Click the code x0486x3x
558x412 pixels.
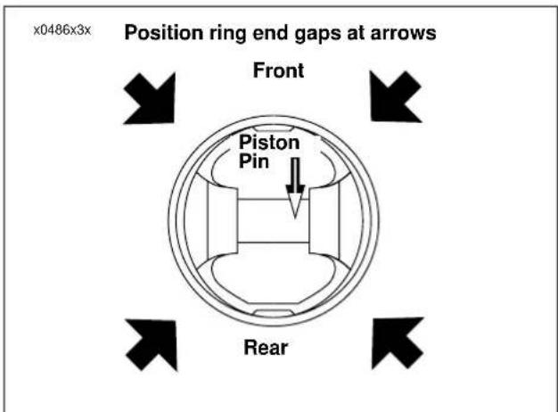[62, 30]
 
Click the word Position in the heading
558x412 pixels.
[164, 33]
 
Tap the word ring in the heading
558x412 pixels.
[227, 34]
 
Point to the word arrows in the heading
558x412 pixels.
[403, 34]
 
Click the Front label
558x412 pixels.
[278, 70]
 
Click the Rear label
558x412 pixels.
[266, 347]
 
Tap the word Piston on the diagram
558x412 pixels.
[269, 143]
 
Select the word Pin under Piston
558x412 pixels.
[254, 161]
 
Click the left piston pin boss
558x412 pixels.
[223, 222]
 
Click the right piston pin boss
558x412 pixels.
[324, 221]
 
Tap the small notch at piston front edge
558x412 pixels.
[273, 128]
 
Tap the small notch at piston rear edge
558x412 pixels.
[273, 313]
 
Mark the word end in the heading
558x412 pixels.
[270, 33]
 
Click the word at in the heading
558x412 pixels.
[355, 34]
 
